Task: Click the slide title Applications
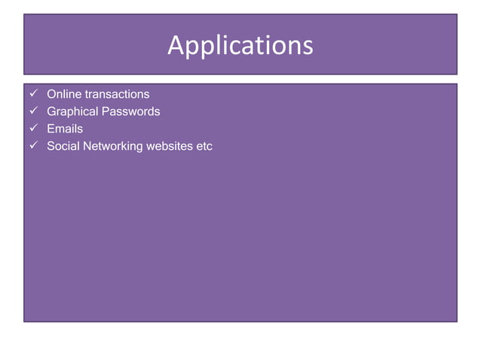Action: [x=240, y=45]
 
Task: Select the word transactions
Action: [x=116, y=94]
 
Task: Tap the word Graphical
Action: [x=73, y=111]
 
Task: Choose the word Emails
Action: [x=65, y=129]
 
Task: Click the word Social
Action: [x=63, y=146]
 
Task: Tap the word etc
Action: [x=204, y=146]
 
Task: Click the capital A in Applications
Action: [x=175, y=45]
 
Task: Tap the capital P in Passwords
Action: [x=107, y=111]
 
